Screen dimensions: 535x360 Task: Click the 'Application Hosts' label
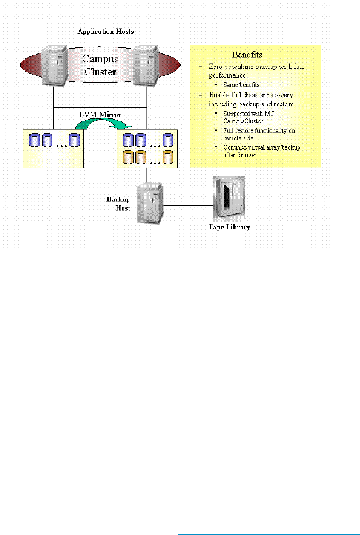click(105, 32)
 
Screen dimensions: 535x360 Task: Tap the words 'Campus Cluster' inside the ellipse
click(100, 64)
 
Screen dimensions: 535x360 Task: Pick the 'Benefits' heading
click(247, 55)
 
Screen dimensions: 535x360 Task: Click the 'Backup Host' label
click(118, 203)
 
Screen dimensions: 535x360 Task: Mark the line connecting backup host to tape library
click(188, 206)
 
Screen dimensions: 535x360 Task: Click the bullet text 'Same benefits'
click(241, 85)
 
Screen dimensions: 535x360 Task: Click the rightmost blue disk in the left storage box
click(74, 139)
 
